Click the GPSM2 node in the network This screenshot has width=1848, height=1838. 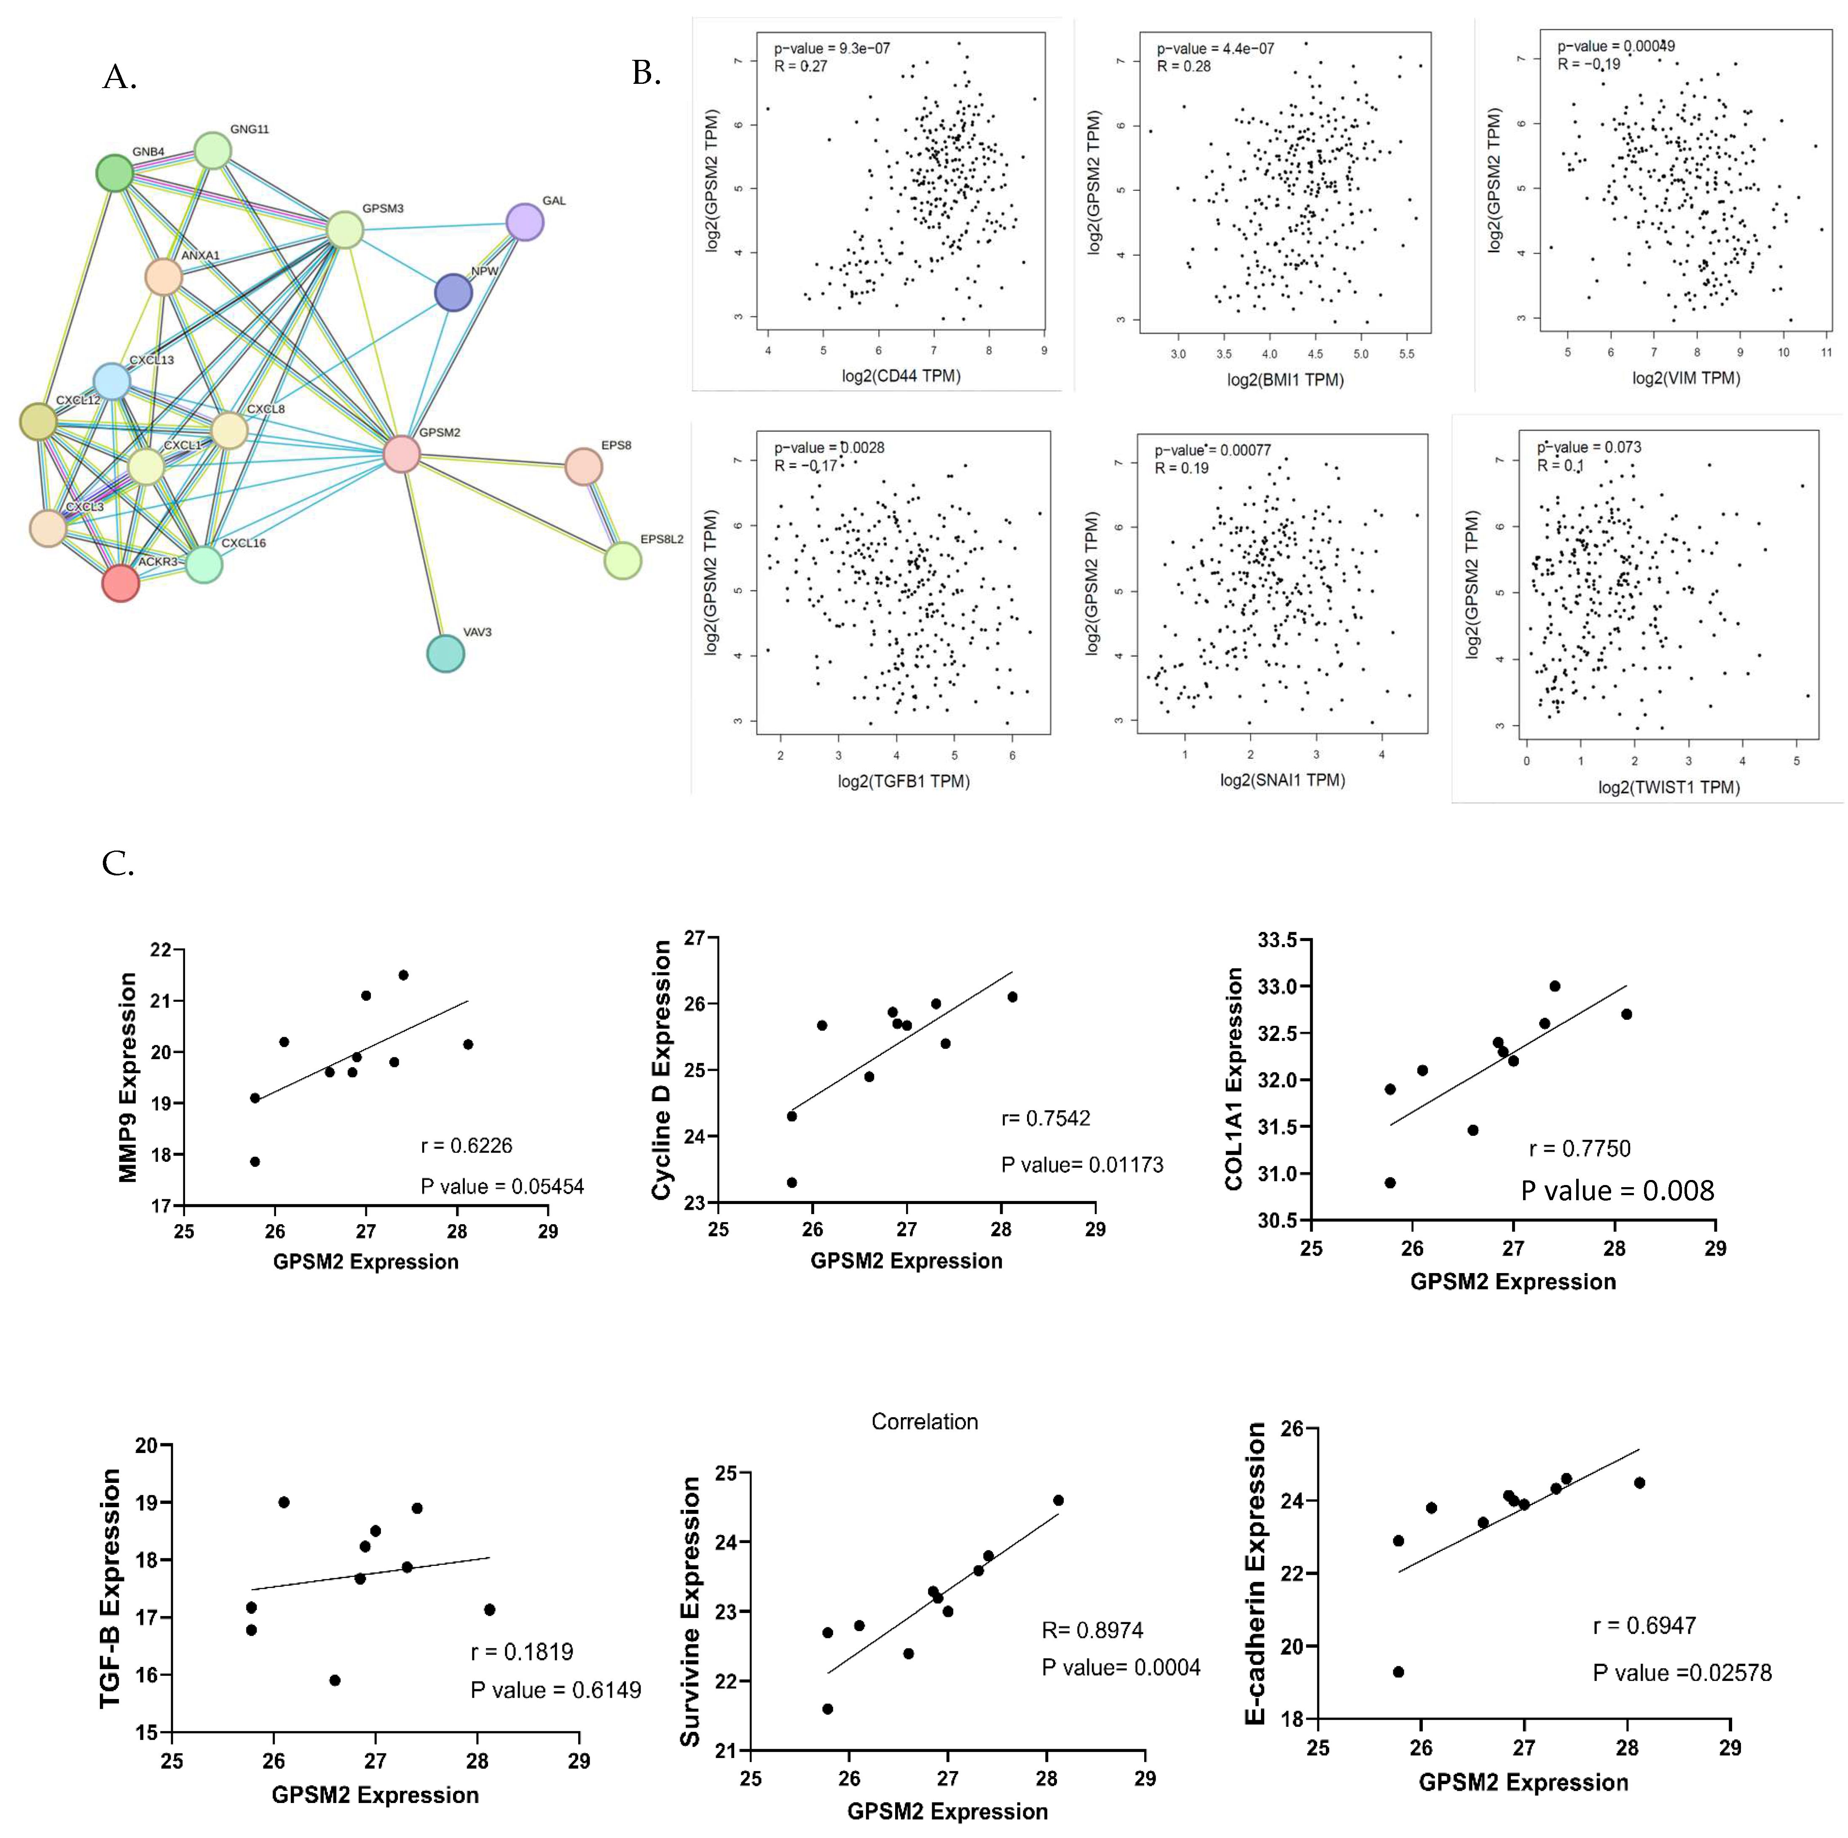click(x=401, y=453)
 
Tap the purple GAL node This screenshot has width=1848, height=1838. click(x=524, y=222)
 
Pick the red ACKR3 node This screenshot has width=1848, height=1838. click(x=121, y=582)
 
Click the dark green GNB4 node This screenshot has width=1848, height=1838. click(x=115, y=173)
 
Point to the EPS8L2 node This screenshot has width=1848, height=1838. click(x=623, y=560)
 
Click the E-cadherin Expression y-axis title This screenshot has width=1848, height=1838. click(x=1255, y=1573)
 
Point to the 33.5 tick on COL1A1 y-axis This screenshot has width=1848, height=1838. click(x=1277, y=940)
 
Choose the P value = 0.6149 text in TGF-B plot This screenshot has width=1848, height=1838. click(x=555, y=1690)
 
